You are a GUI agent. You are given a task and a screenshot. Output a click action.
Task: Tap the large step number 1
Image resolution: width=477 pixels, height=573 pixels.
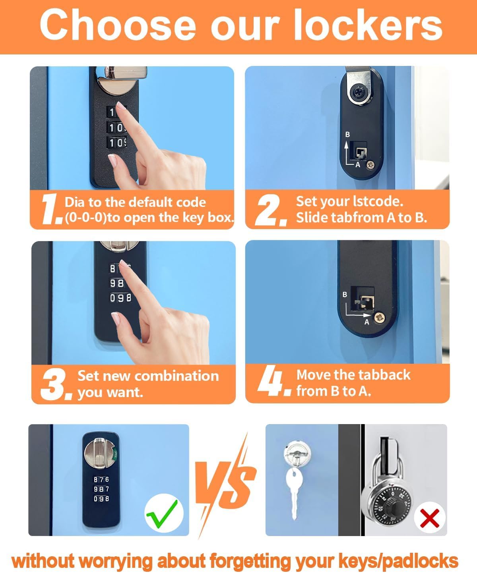(52, 209)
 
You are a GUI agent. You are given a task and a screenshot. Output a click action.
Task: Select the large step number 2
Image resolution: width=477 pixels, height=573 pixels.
(271, 210)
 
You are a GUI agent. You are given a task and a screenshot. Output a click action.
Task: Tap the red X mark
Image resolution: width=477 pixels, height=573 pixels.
(430, 518)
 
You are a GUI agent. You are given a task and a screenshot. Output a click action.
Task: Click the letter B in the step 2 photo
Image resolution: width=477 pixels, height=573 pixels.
(347, 135)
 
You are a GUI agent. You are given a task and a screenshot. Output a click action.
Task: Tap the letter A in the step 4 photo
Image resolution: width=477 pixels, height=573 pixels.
(367, 322)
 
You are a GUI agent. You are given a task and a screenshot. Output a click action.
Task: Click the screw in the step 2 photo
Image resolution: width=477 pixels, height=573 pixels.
(371, 163)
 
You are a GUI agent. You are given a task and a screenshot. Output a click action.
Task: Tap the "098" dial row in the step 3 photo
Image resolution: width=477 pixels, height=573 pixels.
(120, 297)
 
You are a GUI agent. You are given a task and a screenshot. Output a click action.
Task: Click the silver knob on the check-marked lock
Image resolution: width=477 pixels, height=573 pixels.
(99, 453)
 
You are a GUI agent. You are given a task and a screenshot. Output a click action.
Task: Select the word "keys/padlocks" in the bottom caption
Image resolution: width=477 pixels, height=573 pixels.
(398, 561)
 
